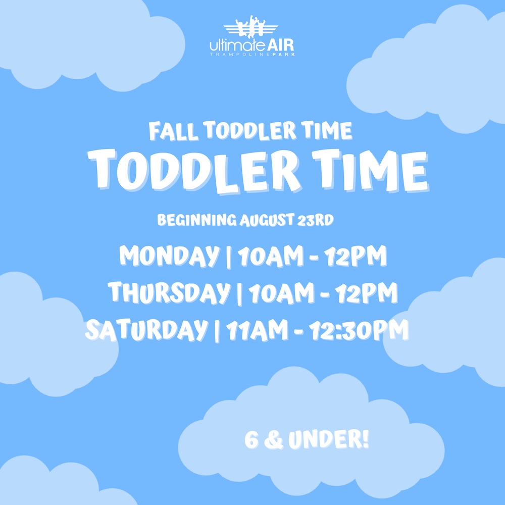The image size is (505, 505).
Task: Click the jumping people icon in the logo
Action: (250, 26)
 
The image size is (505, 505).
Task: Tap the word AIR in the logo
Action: (280, 45)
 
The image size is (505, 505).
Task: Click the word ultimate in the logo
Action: (238, 45)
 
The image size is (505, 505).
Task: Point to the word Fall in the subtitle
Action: (173, 131)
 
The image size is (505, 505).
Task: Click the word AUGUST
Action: (266, 220)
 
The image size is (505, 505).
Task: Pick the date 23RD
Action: (315, 220)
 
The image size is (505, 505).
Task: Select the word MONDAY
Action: (169, 256)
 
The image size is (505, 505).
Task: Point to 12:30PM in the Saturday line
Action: (359, 329)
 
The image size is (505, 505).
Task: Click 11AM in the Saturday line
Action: (257, 330)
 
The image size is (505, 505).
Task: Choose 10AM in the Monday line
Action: (271, 256)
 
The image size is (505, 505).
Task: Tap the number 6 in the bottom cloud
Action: (251, 440)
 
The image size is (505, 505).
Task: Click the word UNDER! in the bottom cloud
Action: (328, 440)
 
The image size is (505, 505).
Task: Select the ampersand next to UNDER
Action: (273, 440)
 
